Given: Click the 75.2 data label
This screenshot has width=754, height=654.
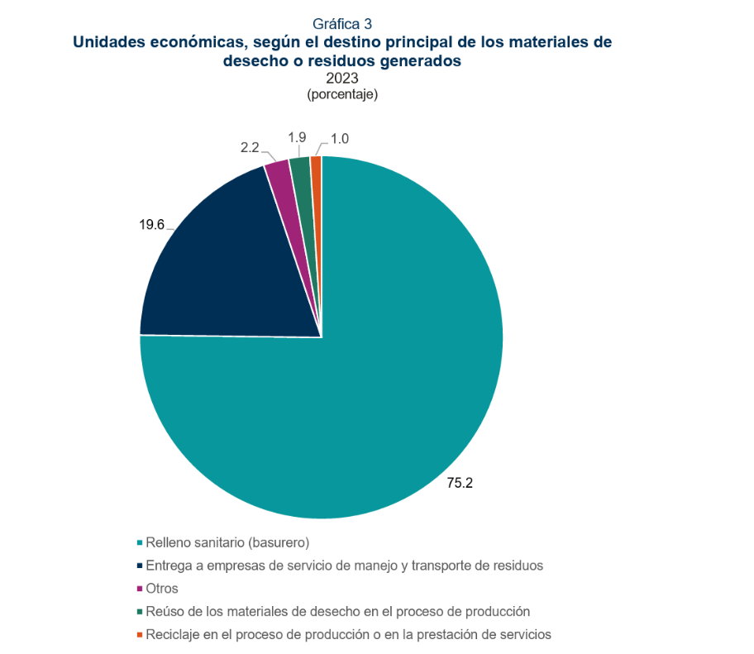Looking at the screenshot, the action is pyautogui.click(x=460, y=483).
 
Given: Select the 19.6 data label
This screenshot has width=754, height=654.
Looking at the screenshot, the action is pyautogui.click(x=151, y=225).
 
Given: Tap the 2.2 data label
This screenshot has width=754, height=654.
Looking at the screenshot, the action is pyautogui.click(x=250, y=147).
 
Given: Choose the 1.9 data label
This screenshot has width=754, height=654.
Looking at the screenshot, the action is pyautogui.click(x=297, y=137).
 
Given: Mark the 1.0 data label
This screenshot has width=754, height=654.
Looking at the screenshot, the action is pyautogui.click(x=340, y=139).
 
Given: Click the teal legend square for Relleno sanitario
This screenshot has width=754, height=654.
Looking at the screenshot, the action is pyautogui.click(x=140, y=542).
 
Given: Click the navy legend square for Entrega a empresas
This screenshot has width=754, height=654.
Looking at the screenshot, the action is pyautogui.click(x=140, y=566).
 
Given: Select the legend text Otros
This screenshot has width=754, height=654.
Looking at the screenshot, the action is pyautogui.click(x=162, y=589).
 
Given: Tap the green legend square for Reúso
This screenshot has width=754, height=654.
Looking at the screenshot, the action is pyautogui.click(x=140, y=612).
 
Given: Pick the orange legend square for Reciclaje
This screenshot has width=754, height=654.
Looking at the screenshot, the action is pyautogui.click(x=140, y=635).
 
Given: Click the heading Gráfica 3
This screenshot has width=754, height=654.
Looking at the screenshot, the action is pyautogui.click(x=342, y=24).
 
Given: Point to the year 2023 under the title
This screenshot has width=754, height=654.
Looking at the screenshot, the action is pyautogui.click(x=342, y=78).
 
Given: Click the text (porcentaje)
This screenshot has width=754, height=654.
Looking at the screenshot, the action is pyautogui.click(x=342, y=94).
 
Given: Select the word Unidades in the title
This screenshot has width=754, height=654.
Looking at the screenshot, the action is pyautogui.click(x=109, y=42).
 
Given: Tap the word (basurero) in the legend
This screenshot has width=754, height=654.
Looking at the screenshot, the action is pyautogui.click(x=279, y=543).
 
